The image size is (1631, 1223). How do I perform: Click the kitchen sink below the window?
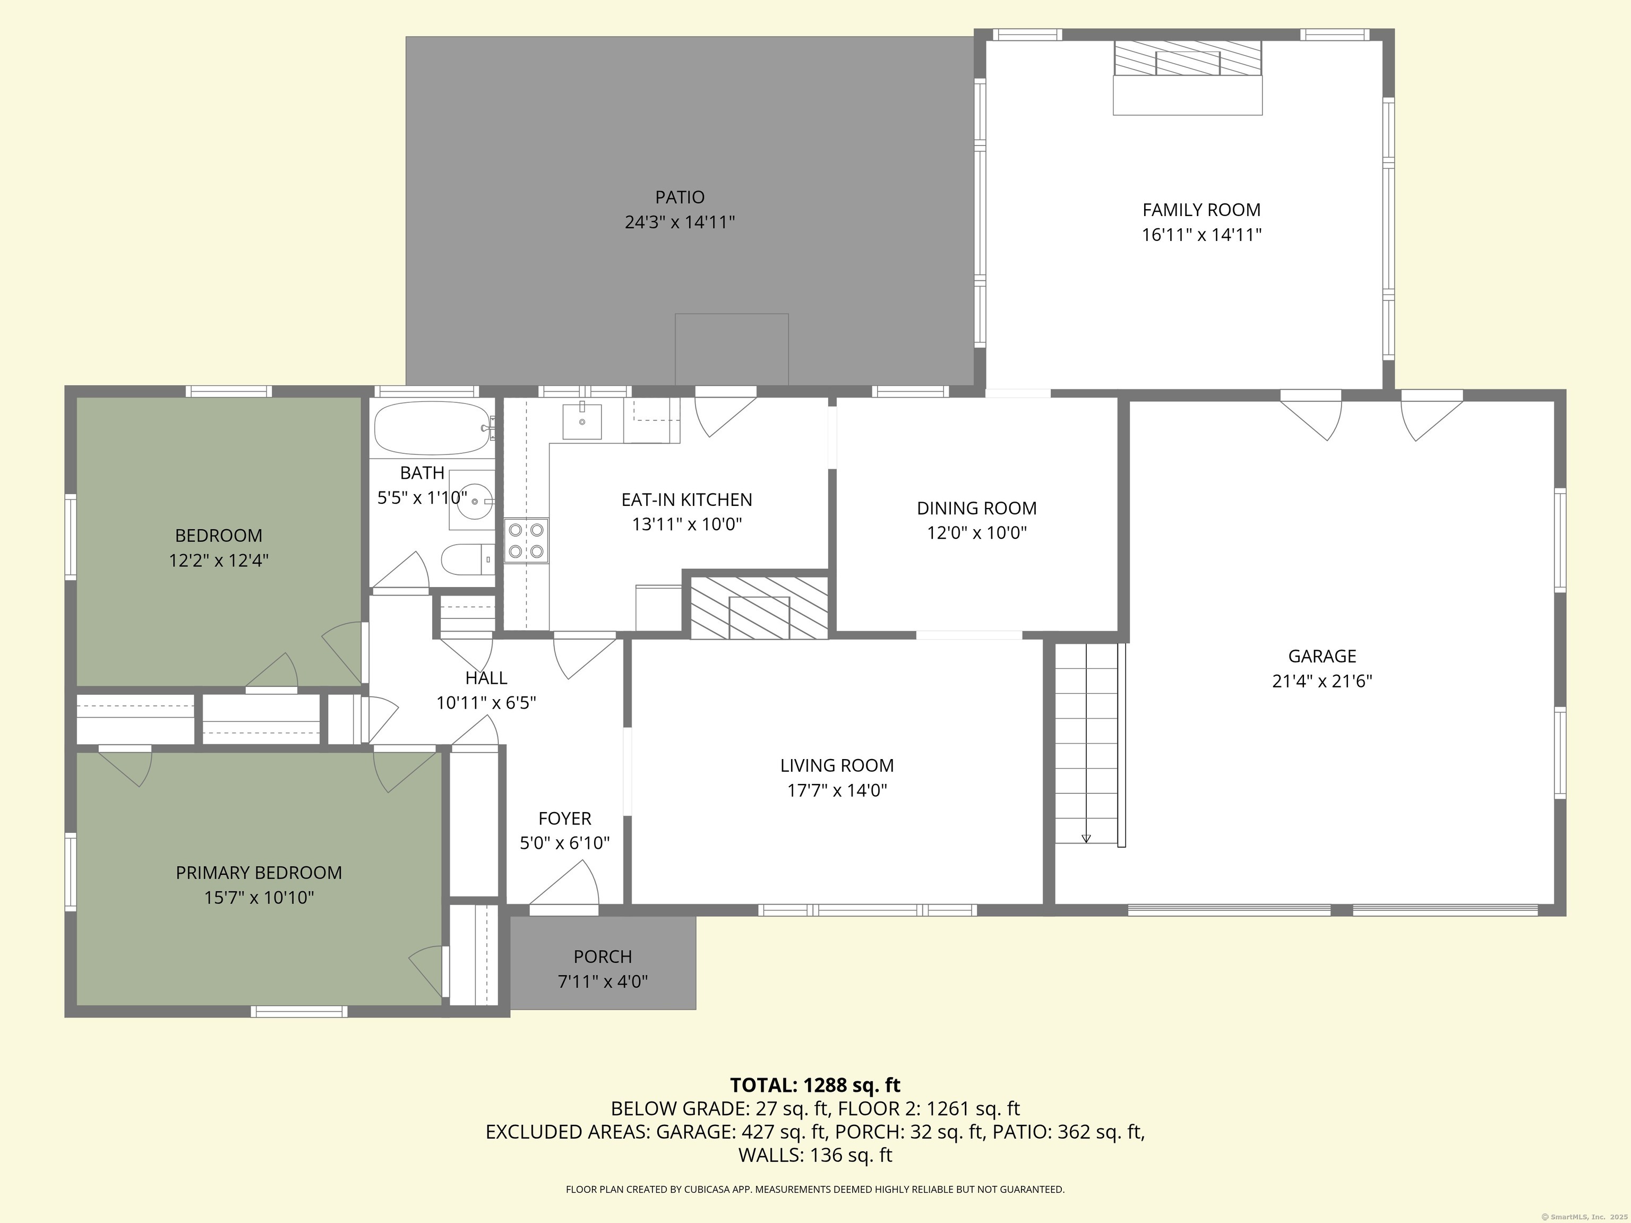tap(582, 421)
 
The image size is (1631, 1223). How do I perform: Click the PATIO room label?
tap(680, 197)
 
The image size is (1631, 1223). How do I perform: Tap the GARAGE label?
tap(1322, 656)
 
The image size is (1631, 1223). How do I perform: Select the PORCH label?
tap(603, 957)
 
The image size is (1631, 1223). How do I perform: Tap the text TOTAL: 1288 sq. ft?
tap(815, 1085)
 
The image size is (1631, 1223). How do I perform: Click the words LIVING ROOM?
tap(837, 766)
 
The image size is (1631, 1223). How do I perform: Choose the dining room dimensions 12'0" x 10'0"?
tap(976, 533)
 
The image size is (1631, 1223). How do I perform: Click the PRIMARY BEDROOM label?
tap(259, 873)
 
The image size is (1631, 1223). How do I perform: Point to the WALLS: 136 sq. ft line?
tap(815, 1155)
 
